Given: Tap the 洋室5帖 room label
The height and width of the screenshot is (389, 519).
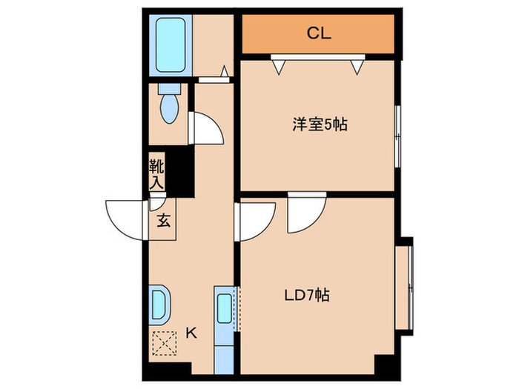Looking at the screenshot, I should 319,124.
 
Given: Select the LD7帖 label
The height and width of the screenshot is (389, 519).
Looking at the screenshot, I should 307,296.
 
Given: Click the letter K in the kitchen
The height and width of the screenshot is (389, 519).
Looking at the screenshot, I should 191,333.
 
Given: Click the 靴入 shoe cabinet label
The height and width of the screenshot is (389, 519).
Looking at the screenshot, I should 156,173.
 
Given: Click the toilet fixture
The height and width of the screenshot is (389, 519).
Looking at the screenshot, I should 169,106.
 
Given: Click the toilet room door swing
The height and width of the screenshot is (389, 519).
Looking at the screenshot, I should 206,127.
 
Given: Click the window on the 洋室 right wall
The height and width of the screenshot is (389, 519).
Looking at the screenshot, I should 397,136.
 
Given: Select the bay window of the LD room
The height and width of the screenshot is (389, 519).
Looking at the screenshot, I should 405,284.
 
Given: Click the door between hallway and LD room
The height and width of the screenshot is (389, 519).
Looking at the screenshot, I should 254,220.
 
